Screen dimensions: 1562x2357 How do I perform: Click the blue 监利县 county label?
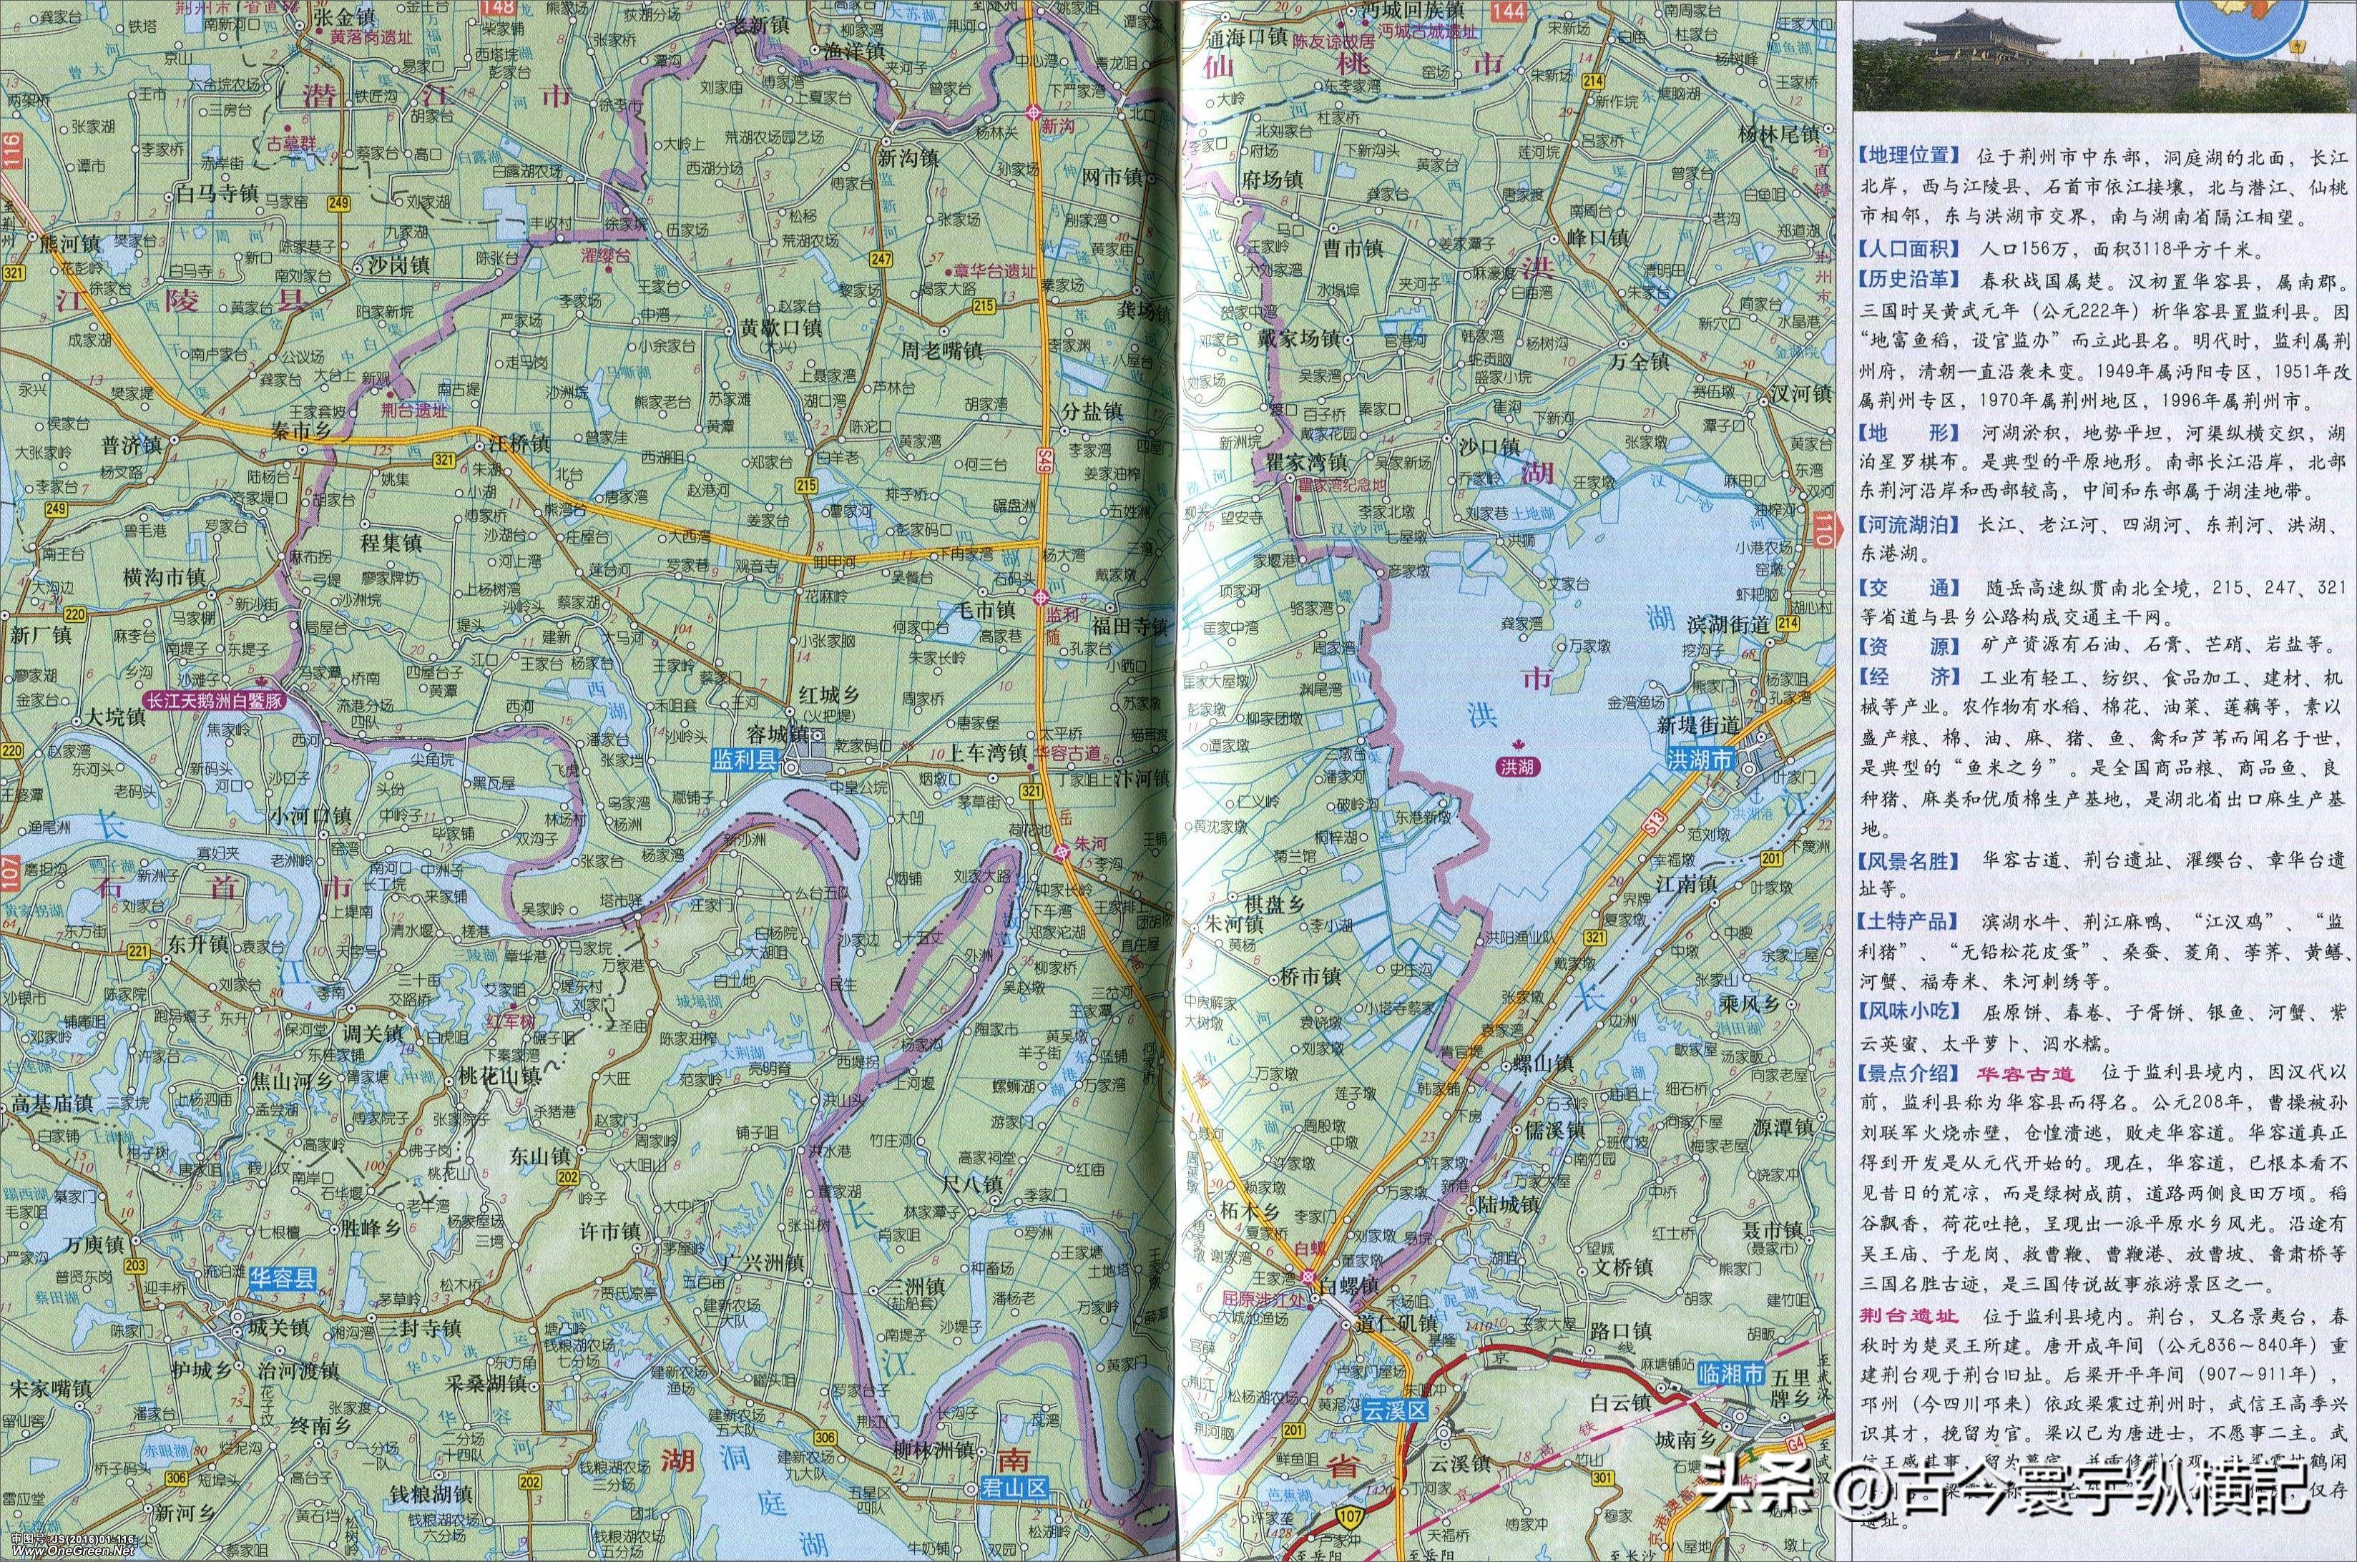pyautogui.click(x=743, y=759)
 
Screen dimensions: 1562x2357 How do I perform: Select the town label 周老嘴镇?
pyautogui.click(x=941, y=350)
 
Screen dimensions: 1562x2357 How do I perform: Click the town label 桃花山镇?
pyautogui.click(x=497, y=1076)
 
